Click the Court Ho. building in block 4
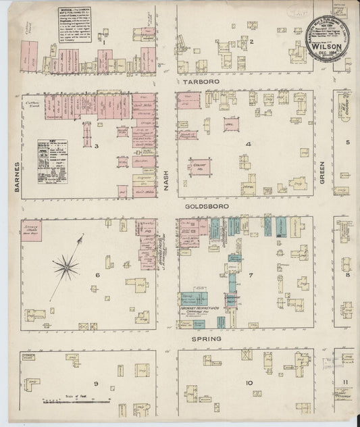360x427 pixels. point(199,166)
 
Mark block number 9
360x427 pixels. point(96,384)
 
